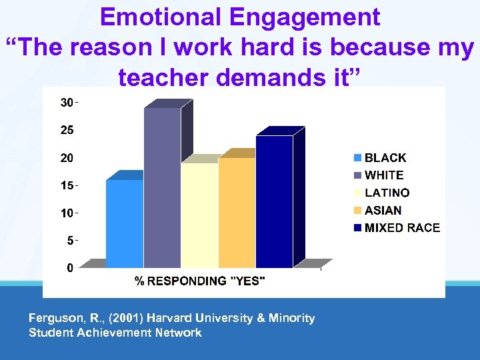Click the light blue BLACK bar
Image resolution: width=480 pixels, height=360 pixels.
click(x=125, y=223)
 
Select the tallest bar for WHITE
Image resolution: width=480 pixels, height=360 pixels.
click(x=162, y=187)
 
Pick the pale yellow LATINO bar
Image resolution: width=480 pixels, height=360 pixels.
click(x=199, y=215)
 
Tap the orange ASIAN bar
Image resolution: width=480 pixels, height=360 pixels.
click(x=237, y=212)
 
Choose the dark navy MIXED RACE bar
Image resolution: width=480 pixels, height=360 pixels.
click(x=274, y=201)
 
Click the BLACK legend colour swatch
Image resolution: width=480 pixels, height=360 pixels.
click(x=358, y=158)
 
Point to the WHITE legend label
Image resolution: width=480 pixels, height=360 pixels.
click(x=384, y=175)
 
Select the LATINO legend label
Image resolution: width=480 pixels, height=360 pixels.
click(x=387, y=193)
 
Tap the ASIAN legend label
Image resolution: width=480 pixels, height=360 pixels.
click(x=383, y=210)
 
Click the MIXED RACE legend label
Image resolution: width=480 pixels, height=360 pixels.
click(x=402, y=227)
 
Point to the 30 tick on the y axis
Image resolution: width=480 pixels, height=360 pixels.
click(x=67, y=103)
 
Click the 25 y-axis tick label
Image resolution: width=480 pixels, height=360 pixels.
click(x=67, y=131)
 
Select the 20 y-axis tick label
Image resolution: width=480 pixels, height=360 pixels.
click(x=67, y=158)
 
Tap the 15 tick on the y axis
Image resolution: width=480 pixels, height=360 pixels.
click(x=67, y=185)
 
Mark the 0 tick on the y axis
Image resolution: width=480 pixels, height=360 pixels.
click(x=69, y=268)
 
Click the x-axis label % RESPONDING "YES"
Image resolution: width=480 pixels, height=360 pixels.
click(x=200, y=281)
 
